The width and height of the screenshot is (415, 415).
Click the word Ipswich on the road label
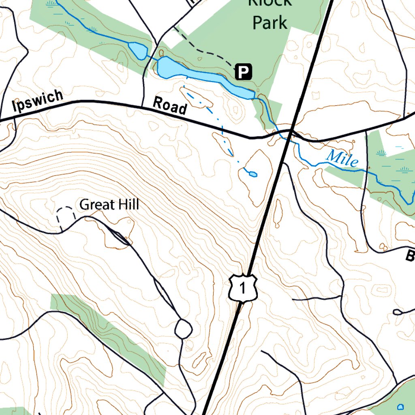38,101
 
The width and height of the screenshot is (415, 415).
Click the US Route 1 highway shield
242,288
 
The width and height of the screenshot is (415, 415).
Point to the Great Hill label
109,205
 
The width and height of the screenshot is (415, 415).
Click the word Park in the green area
270,23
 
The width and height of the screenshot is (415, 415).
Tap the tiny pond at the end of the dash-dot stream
253,174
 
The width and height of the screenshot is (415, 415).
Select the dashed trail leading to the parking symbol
203,50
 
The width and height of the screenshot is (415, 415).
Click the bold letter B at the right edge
410,256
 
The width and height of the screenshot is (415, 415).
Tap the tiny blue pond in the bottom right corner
401,406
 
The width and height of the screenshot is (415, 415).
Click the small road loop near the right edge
398,312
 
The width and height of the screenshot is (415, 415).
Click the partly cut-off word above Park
270,3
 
